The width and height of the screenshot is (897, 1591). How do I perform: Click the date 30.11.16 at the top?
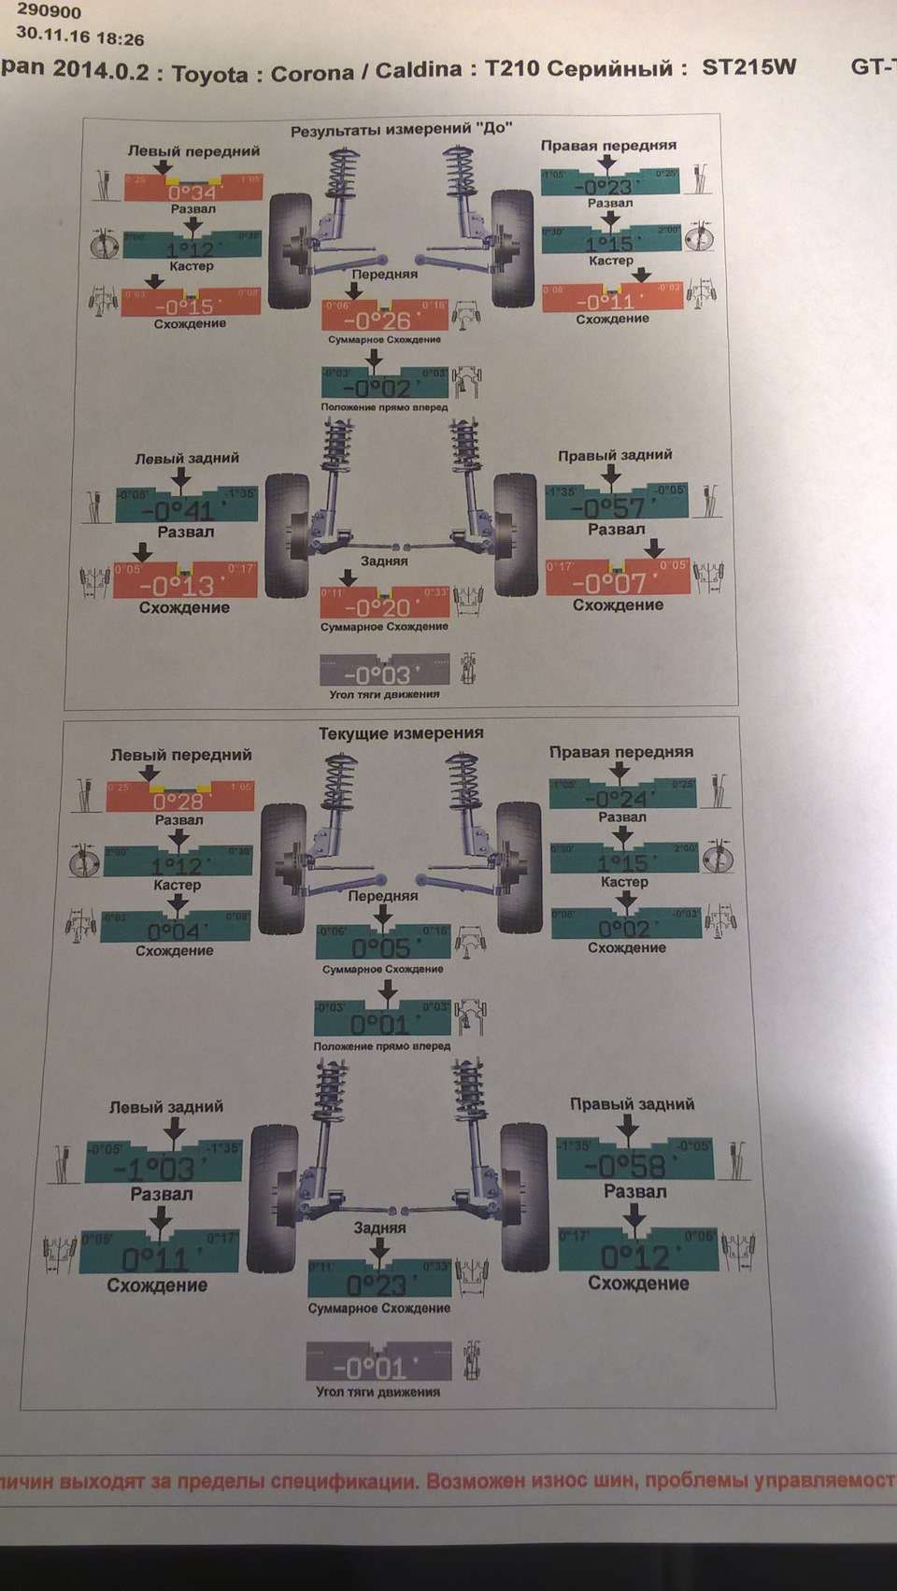54,38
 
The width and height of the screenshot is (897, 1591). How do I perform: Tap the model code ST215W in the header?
749,67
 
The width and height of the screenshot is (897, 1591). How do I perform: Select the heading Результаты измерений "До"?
401,129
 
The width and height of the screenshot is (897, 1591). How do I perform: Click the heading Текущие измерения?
401,733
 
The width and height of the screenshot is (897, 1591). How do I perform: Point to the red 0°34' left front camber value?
191,191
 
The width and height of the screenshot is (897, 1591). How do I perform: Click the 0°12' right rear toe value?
636,1255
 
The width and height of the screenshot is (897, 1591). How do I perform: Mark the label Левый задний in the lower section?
166,1106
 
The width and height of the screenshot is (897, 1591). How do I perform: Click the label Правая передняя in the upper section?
608,145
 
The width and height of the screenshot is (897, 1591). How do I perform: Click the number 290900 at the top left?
49,13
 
